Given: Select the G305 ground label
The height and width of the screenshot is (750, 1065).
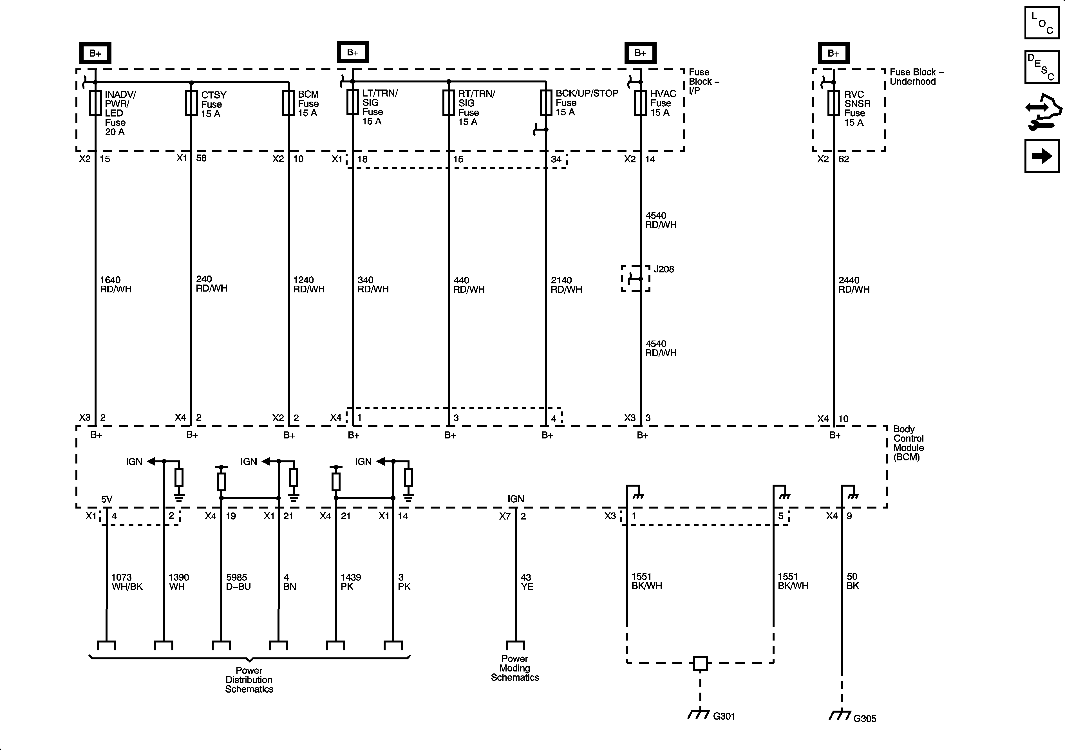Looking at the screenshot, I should click(865, 718).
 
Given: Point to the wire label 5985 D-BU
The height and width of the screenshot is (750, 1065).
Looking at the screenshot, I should click(238, 582).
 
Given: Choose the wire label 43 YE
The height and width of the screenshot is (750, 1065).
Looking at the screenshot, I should click(527, 582).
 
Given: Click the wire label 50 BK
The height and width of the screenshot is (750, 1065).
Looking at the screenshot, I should click(853, 581).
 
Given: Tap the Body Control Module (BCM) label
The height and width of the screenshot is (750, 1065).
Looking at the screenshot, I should click(908, 443).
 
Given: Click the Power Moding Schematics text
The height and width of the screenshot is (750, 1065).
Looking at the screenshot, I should click(515, 668).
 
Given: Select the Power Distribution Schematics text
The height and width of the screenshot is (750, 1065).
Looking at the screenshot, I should click(249, 679).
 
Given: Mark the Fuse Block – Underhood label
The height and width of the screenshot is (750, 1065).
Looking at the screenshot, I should click(916, 77).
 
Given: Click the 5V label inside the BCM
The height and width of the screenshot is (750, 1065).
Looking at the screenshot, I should click(107, 499).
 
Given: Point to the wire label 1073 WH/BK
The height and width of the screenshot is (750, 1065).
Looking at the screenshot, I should click(127, 582).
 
